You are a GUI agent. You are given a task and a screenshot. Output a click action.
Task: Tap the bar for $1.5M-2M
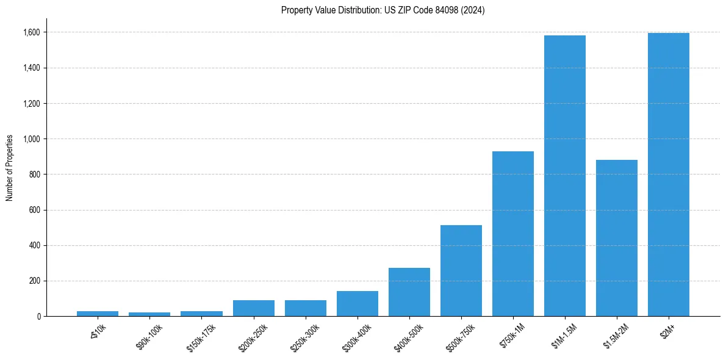point(616,238)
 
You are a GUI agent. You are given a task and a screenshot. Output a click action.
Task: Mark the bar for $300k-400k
point(357,303)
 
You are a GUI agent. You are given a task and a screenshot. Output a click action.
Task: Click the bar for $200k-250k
point(253,308)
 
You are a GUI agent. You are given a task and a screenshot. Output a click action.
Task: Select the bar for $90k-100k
point(149,314)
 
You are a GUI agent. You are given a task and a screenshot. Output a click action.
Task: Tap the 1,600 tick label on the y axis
point(32,32)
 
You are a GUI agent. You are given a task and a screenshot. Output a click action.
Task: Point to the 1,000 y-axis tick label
point(32,139)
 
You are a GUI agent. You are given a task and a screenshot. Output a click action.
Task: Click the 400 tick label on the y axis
point(36,246)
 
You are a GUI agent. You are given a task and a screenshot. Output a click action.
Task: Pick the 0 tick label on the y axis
point(39,317)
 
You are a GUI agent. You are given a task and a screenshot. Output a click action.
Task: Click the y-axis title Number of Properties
point(10,167)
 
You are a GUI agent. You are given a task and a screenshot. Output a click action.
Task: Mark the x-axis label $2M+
point(666,333)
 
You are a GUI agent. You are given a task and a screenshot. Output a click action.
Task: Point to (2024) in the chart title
point(473,10)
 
